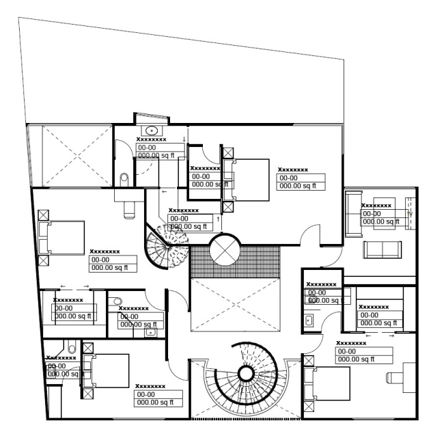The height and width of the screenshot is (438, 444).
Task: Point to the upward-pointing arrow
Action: [218, 219]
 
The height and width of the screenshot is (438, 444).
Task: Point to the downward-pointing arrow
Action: [184, 140]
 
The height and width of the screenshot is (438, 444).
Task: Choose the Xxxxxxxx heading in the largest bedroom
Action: [292, 170]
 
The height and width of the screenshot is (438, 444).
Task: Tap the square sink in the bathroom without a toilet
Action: [309, 318]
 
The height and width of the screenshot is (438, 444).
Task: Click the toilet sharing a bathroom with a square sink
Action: [117, 301]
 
